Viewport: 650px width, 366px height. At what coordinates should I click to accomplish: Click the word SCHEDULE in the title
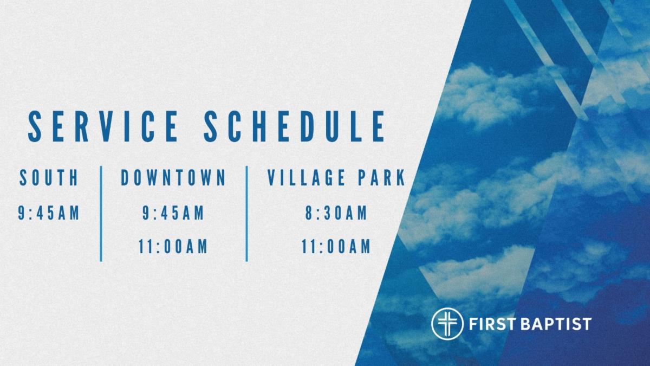click(295, 126)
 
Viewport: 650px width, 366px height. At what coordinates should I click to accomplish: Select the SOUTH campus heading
click(49, 178)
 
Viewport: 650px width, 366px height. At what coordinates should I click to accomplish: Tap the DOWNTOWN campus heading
click(173, 178)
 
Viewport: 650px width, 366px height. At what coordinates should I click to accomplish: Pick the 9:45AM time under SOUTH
click(49, 213)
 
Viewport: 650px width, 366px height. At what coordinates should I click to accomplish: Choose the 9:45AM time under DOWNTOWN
click(173, 213)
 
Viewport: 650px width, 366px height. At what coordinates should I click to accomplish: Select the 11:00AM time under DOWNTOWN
click(173, 247)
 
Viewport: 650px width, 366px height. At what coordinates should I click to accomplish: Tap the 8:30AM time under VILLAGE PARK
click(336, 213)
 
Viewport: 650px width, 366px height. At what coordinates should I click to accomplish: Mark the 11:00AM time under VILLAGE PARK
click(336, 247)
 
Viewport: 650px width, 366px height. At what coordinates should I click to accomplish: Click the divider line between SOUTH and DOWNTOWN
click(101, 214)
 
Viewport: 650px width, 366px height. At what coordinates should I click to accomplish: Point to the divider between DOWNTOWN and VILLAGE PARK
click(247, 214)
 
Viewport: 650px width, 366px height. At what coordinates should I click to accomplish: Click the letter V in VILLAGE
click(274, 178)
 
